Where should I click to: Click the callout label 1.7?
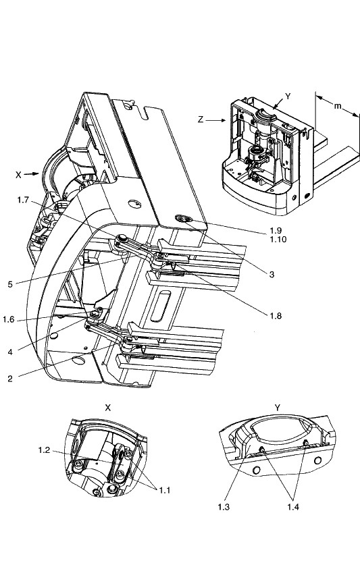click(x=23, y=200)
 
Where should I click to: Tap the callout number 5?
click(x=10, y=285)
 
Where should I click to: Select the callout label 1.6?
click(x=9, y=320)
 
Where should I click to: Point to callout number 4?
click(x=10, y=352)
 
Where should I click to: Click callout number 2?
click(x=10, y=379)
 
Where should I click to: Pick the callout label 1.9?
click(x=276, y=230)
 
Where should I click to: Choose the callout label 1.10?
click(x=278, y=240)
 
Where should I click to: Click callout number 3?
click(x=272, y=275)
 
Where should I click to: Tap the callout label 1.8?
click(x=276, y=316)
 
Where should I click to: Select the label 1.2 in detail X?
click(x=44, y=450)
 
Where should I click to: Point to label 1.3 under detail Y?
click(x=224, y=507)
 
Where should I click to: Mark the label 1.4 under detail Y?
click(x=293, y=507)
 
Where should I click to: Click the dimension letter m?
click(x=337, y=106)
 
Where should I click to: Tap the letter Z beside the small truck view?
click(x=201, y=119)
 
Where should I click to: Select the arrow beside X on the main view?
click(x=32, y=174)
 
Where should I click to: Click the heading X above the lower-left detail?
click(x=107, y=408)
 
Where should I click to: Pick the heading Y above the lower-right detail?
click(x=278, y=408)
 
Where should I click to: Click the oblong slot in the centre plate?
click(x=161, y=306)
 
